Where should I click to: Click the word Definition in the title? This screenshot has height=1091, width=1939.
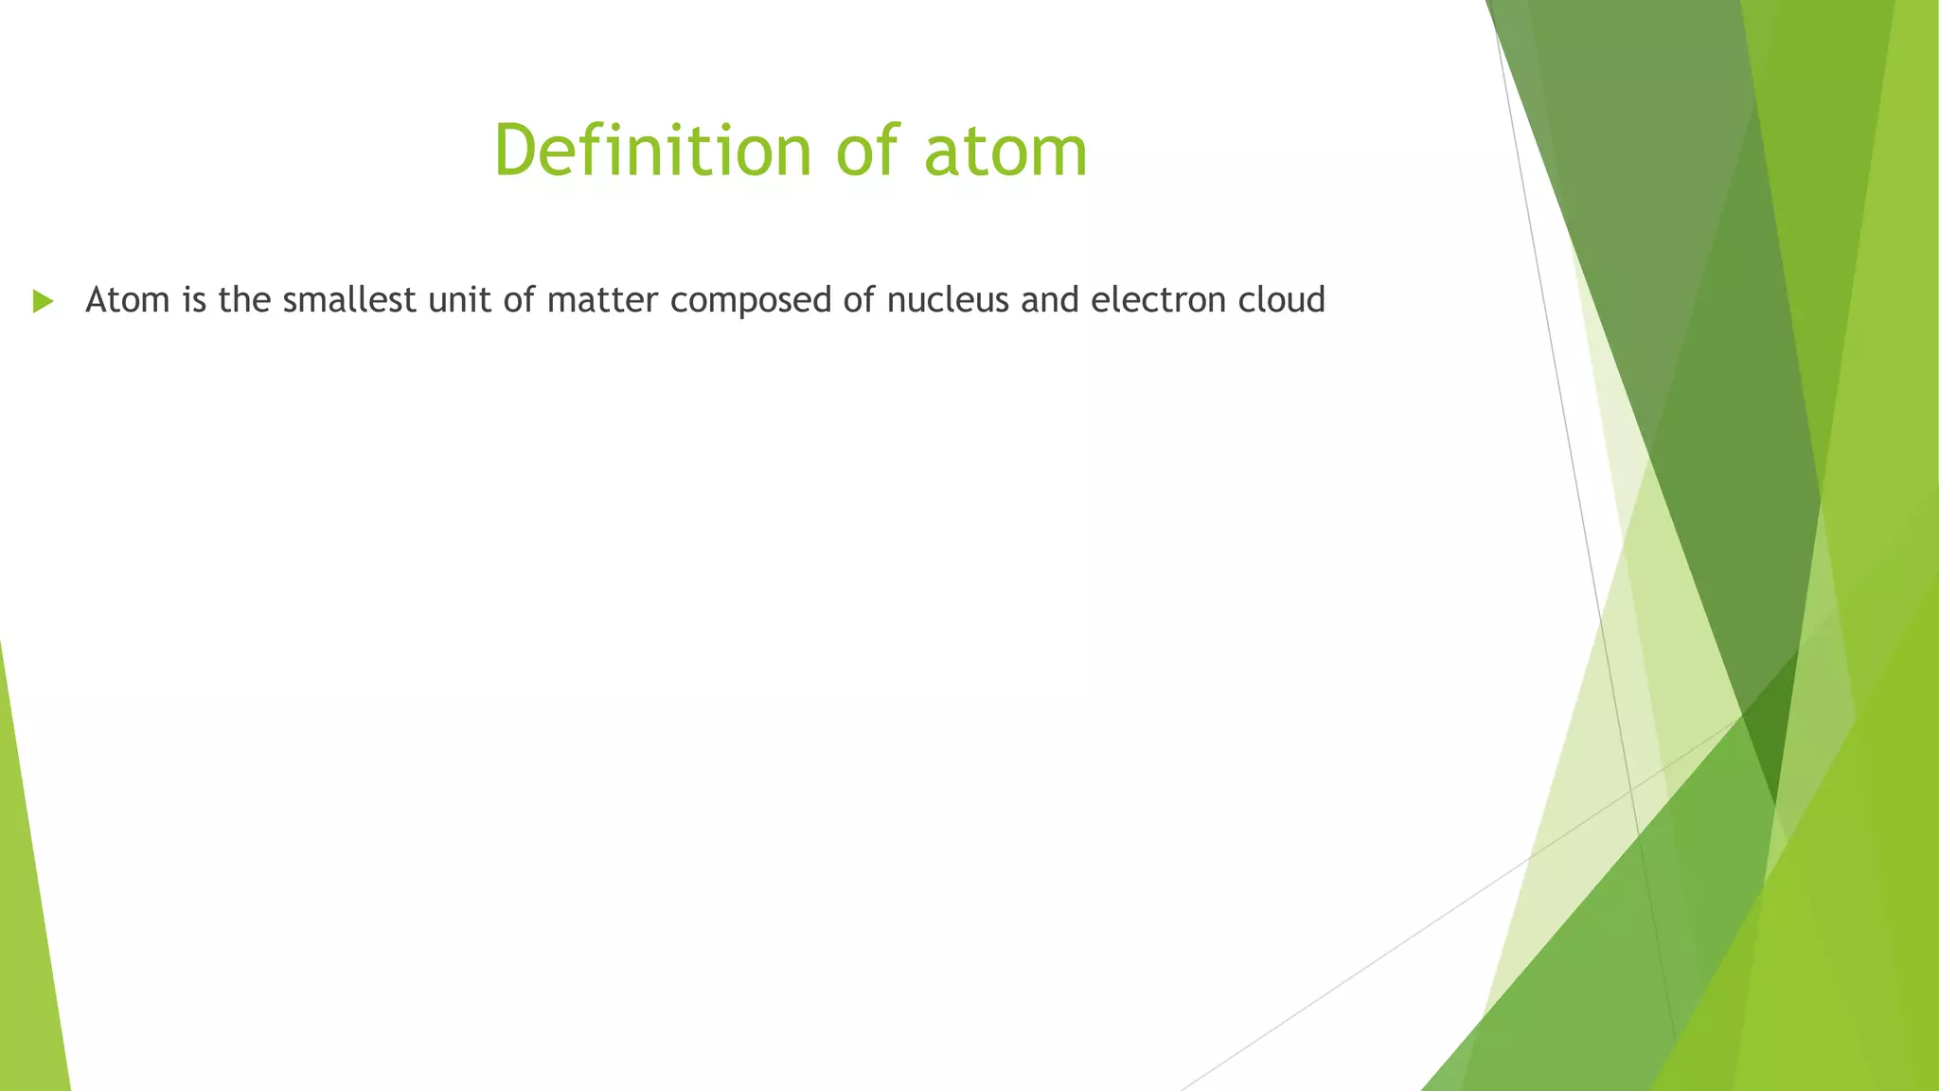point(652,152)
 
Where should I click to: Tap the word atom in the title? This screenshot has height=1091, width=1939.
point(1005,152)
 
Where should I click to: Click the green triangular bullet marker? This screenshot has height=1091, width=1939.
point(43,301)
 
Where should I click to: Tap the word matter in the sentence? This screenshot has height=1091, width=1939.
point(602,300)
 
